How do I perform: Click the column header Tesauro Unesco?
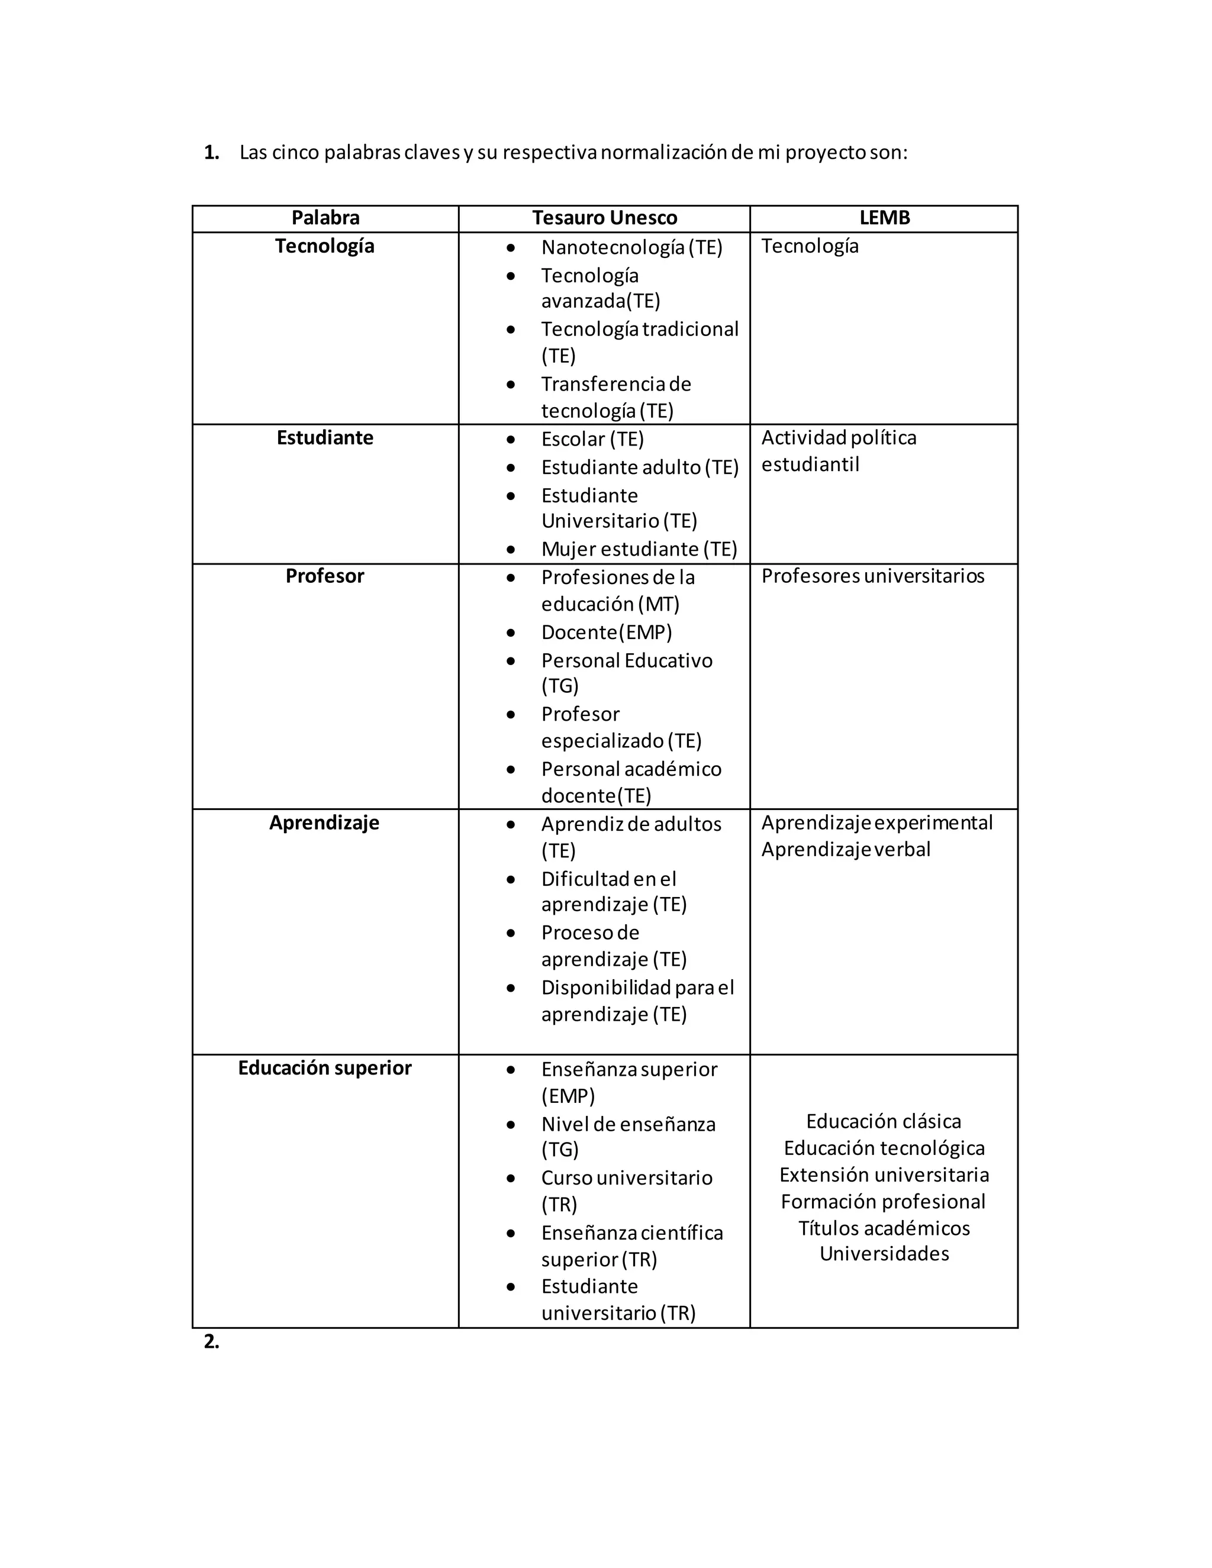[x=605, y=218]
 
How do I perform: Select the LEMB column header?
[x=884, y=218]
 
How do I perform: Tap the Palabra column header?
[x=325, y=218]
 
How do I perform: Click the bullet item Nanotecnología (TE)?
[x=631, y=248]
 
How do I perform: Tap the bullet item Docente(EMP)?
[x=606, y=633]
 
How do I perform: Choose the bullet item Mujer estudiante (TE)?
[x=639, y=549]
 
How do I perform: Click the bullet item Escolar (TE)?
[x=592, y=440]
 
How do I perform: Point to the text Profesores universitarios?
[x=872, y=576]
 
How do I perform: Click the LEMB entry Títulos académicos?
[x=884, y=1228]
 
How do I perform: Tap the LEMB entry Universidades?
[x=884, y=1254]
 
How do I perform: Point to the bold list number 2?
[x=211, y=1341]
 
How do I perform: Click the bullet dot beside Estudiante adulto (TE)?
[x=511, y=468]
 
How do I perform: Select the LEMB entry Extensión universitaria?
[x=884, y=1175]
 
